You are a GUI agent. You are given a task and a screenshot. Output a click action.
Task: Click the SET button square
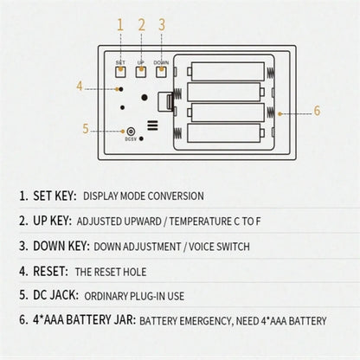point(120,72)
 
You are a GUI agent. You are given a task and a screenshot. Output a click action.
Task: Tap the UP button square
point(141,72)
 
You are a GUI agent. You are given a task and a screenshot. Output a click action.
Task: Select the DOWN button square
point(162,72)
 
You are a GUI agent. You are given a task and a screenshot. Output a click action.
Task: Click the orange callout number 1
point(120,25)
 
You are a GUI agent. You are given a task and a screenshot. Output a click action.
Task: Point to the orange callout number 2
point(141,25)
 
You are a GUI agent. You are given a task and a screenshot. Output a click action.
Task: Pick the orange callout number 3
point(162,25)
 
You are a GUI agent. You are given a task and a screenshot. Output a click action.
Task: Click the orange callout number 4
point(80,86)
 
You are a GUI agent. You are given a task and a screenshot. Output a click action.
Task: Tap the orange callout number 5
point(86,129)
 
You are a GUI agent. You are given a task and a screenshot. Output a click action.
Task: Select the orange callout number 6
point(317,111)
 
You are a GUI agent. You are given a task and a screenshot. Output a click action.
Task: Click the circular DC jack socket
point(131,132)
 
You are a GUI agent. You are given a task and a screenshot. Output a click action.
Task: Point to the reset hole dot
point(121,89)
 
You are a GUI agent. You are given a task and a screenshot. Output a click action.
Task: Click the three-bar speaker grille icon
point(152,125)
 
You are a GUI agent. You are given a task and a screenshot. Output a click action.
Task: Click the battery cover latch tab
point(165,101)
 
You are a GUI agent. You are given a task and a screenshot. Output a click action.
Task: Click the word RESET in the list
point(50,271)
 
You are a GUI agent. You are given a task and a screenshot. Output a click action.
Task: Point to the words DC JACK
point(55,295)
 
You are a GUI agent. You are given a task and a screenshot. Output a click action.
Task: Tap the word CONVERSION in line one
point(176,196)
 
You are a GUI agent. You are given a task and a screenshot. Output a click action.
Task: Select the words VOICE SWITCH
point(219,247)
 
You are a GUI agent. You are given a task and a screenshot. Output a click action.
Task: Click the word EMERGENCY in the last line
point(205,321)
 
